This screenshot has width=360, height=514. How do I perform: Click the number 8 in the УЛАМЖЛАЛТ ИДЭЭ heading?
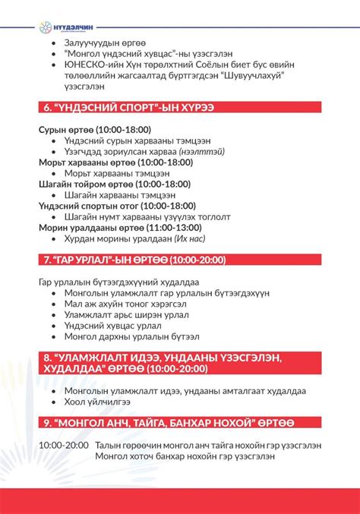[47, 356]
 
